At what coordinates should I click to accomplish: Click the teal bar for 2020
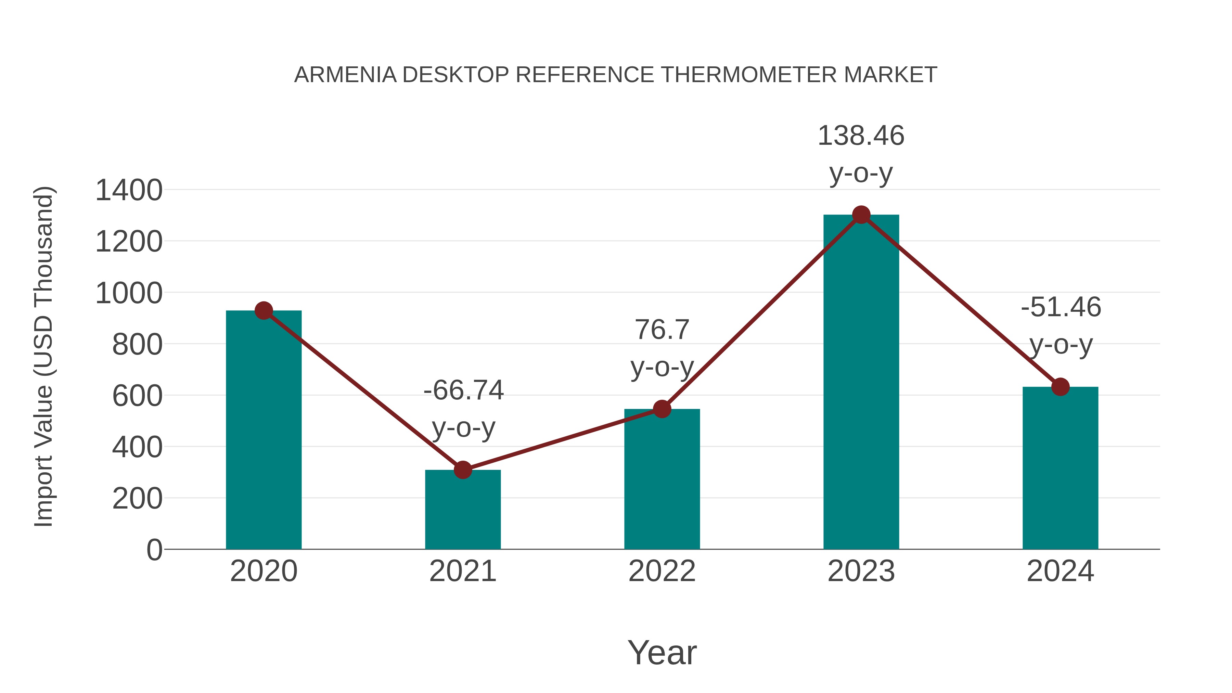coord(264,431)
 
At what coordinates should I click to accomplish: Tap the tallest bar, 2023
coord(861,383)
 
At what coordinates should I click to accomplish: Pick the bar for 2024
coord(1060,469)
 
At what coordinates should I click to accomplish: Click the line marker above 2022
coord(662,409)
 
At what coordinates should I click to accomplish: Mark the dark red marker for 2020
coord(264,311)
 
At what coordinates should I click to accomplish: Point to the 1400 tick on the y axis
coord(129,190)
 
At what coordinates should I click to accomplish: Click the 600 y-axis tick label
coord(137,396)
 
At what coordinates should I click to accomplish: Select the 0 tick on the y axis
coord(154,550)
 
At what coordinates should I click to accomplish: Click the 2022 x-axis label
coord(662,572)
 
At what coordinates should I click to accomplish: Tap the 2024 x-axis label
coord(1060,572)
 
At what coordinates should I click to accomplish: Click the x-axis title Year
coord(662,653)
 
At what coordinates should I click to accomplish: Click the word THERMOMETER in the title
coord(748,75)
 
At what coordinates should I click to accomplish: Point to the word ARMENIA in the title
coord(345,75)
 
